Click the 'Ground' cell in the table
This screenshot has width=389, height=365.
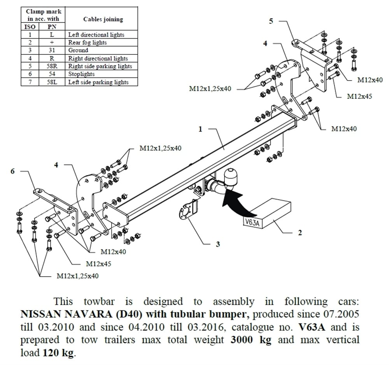click(78, 50)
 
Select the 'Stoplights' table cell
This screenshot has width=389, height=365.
click(81, 74)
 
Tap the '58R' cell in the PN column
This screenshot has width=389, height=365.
click(52, 66)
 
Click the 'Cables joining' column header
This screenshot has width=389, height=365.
click(103, 19)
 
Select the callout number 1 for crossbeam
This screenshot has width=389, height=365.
click(200, 129)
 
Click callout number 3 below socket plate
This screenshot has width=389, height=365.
click(218, 244)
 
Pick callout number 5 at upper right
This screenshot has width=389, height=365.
click(271, 21)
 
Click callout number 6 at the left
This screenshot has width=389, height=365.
click(12, 171)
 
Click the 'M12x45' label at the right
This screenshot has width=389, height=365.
click(359, 96)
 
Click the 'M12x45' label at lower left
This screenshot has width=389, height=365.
click(98, 264)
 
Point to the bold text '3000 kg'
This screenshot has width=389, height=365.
click(251, 339)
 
